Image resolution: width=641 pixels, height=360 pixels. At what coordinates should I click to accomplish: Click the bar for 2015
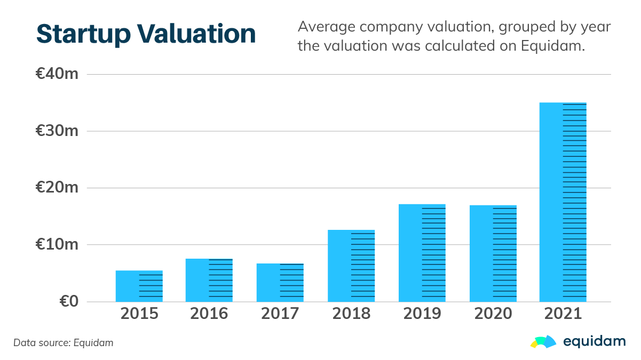[139, 286]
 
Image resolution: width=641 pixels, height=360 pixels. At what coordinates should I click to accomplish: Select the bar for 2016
[209, 280]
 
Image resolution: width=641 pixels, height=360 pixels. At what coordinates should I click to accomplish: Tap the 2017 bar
[280, 282]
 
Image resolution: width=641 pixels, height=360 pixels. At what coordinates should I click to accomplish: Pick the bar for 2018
[351, 266]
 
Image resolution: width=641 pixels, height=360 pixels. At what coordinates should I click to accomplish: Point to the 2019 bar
[422, 253]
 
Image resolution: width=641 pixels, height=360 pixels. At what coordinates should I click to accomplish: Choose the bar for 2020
[493, 253]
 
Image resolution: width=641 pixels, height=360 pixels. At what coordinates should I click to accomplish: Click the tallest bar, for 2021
[563, 202]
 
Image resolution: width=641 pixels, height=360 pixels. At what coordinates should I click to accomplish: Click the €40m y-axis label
[57, 74]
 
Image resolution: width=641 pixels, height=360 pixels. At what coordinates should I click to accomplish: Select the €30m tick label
[57, 131]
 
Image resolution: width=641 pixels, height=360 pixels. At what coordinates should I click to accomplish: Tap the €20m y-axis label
[57, 188]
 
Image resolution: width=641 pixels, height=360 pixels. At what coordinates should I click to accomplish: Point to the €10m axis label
[57, 245]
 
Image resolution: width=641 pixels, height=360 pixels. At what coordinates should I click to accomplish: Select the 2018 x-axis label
[351, 314]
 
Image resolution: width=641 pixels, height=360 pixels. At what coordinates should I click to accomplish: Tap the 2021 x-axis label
[563, 314]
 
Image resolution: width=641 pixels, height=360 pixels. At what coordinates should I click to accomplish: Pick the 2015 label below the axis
[139, 314]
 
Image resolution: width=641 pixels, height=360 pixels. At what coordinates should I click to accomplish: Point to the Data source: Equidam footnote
[64, 343]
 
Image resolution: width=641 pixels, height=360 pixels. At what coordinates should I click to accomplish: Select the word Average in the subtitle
[323, 27]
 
